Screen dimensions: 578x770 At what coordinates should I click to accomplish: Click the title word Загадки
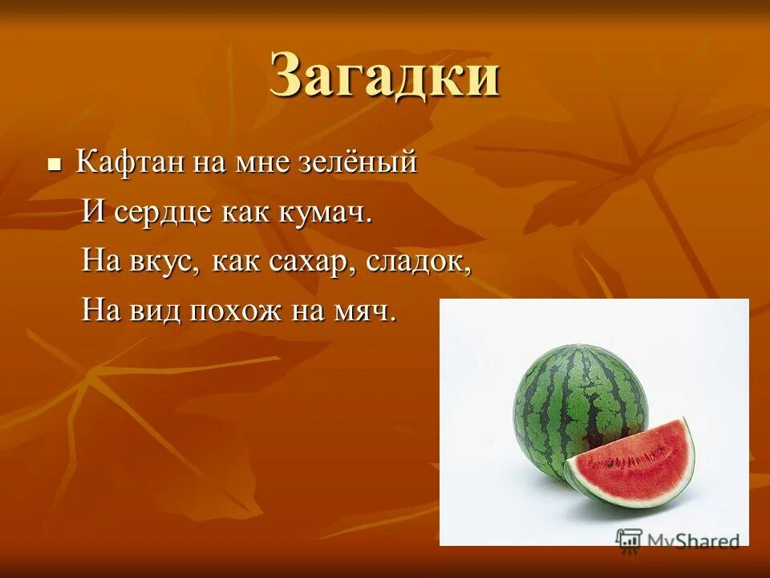point(385,76)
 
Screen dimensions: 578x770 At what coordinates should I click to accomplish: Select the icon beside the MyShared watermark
point(630,539)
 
